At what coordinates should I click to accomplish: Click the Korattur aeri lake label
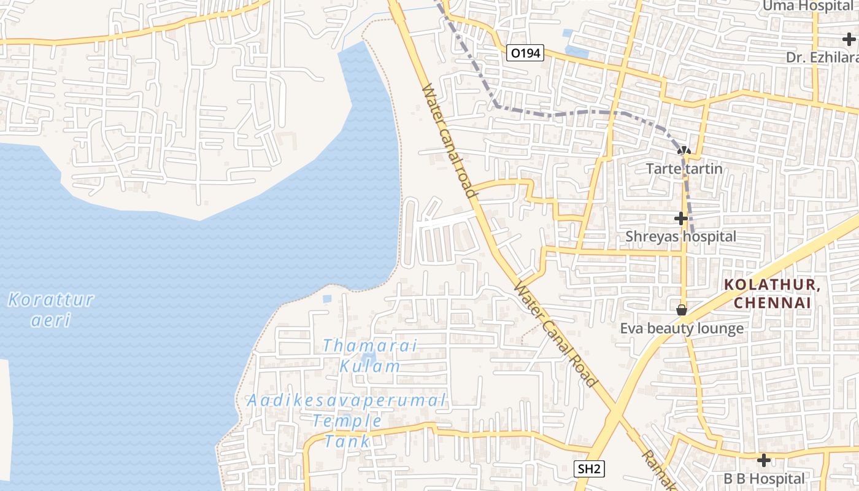tap(51, 309)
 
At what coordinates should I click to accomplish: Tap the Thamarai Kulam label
tap(369, 356)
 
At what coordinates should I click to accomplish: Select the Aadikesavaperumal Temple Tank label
tap(347, 420)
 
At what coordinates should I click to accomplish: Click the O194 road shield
tap(526, 53)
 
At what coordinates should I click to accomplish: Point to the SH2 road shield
tap(589, 470)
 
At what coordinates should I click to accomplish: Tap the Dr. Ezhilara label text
tap(822, 57)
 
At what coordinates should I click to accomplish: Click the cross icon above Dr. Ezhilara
tap(849, 40)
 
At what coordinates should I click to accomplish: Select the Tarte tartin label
tap(684, 168)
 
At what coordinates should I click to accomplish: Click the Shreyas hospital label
tap(680, 236)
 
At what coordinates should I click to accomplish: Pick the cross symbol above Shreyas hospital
tap(680, 218)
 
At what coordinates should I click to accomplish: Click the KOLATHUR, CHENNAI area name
tap(772, 294)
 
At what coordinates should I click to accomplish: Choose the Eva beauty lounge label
tap(682, 328)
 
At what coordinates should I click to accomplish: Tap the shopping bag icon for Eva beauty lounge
tap(681, 311)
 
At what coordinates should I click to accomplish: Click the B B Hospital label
tap(763, 478)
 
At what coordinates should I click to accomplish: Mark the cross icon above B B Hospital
tap(763, 460)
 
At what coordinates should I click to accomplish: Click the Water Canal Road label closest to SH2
tap(556, 334)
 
